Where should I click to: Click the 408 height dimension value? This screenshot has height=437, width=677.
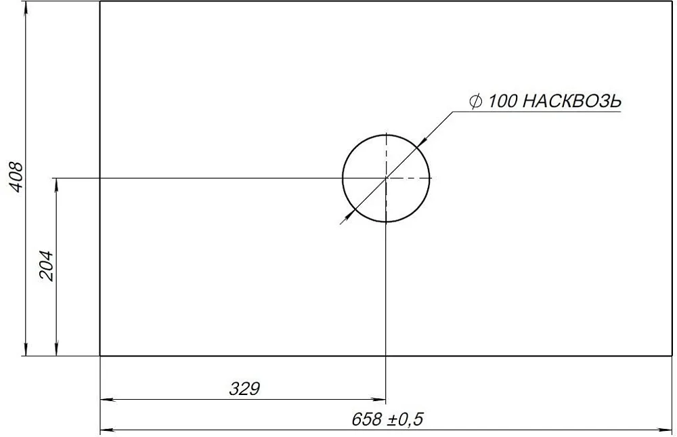pos(16,178)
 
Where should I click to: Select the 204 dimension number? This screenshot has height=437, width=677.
pos(46,266)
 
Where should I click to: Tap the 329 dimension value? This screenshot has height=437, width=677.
pos(244,389)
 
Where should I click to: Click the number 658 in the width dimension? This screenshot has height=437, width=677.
pos(367,419)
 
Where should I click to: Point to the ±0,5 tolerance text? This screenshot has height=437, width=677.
pos(405,419)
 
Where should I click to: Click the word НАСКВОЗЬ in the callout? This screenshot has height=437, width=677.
pos(571,102)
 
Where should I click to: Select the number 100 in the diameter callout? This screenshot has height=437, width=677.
pos(502,102)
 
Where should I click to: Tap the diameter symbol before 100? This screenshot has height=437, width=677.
pos(475,102)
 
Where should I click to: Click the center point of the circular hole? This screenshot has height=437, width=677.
pos(386,178)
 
